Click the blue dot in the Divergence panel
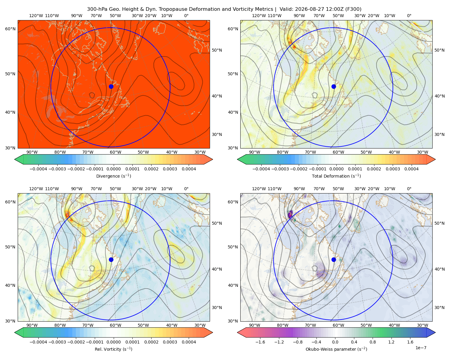tap(111, 86)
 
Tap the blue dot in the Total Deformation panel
tap(334, 86)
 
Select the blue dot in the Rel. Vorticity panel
tap(111, 259)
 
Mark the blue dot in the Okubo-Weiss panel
tap(334, 259)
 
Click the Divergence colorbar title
tap(113, 176)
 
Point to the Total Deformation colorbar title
tap(336, 176)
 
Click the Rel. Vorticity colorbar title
tap(113, 349)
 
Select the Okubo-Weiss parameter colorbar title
tap(336, 349)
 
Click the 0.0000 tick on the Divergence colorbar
tap(113, 169)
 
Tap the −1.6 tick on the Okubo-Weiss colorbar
tap(260, 342)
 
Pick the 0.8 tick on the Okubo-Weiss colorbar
tap(373, 342)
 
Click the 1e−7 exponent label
tap(421, 348)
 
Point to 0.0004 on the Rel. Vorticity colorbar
tap(189, 342)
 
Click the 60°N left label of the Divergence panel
tap(10, 29)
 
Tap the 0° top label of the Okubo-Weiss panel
tap(409, 189)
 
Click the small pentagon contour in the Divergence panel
tap(92, 95)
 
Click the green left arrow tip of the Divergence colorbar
tap(15, 159)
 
